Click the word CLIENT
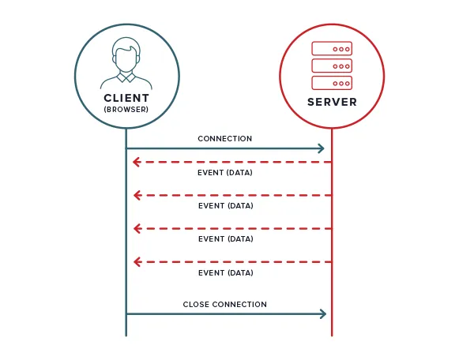126,98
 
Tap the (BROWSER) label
126,109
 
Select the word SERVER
332,103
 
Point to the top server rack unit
332,48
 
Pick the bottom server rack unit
332,81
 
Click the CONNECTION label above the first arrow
225,139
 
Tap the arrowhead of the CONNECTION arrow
321,148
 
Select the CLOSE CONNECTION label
225,305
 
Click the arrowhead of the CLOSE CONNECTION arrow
322,314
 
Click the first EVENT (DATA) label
226,172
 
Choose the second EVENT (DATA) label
226,205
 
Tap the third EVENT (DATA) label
226,238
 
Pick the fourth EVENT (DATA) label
226,272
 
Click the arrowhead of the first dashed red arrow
137,162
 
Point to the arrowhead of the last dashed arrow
137,261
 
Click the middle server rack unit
332,65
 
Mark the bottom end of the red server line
332,335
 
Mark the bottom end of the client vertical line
126,335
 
